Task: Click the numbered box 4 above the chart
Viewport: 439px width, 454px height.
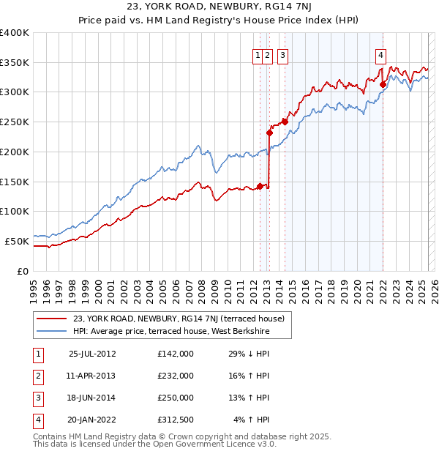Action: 381,53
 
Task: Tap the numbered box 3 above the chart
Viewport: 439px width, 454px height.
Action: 282,53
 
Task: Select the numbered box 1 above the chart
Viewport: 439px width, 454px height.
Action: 258,53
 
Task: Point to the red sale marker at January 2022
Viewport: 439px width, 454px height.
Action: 383,84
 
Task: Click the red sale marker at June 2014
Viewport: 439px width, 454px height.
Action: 285,122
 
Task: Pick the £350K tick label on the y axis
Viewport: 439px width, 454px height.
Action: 15,63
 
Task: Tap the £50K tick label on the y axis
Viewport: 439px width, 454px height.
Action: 18,241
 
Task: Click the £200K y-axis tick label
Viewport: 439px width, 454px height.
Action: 15,152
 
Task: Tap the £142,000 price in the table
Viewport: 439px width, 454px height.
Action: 176,354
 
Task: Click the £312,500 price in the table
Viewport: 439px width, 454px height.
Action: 176,420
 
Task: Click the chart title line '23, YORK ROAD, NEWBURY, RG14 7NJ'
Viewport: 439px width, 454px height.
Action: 219,7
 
